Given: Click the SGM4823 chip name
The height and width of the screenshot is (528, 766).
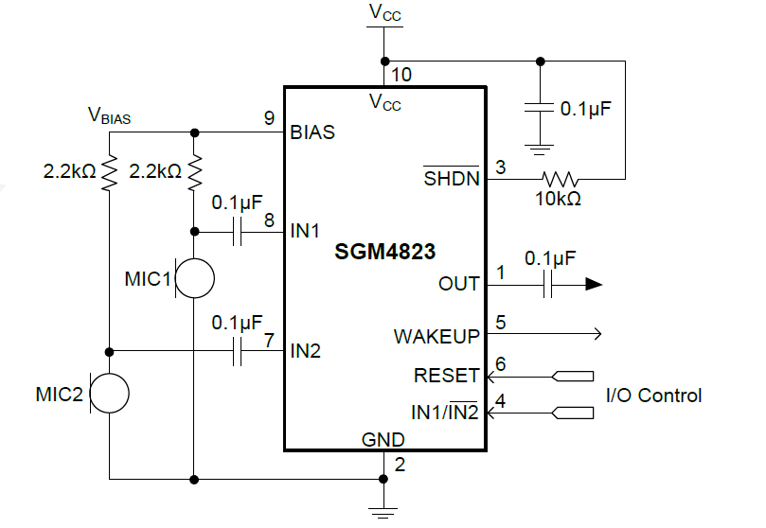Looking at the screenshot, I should pos(384,253).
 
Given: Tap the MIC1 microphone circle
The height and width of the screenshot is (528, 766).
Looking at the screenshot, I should pos(195,278).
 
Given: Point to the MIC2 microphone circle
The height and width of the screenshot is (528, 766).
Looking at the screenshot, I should pos(110,394).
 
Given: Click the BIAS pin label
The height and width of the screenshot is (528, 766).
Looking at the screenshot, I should pos(312,132).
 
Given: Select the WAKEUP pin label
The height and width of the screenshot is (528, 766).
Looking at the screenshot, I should pos(436,335).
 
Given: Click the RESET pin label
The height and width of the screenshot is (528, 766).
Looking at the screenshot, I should pos(447,376).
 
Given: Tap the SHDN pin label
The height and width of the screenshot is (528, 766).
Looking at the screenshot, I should pos(452,178).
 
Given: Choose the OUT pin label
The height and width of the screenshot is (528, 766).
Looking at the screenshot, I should pos(459,284).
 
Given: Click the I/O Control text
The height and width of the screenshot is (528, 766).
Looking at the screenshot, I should pos(653,396).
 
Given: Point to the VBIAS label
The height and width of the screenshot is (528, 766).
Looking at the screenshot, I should pos(109,116).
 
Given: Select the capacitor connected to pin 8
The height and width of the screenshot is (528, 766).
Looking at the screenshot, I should pos(237,232).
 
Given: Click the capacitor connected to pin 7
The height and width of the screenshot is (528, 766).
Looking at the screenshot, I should pos(237,352).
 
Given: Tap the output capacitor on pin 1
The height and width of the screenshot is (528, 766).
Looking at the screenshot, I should pos(548,284).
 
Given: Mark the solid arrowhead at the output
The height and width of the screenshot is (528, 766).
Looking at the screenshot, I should pos(594,284).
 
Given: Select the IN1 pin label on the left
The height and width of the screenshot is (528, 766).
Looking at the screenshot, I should pos(306,231).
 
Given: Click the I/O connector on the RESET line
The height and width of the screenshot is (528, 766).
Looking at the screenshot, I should pos(574,376).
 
